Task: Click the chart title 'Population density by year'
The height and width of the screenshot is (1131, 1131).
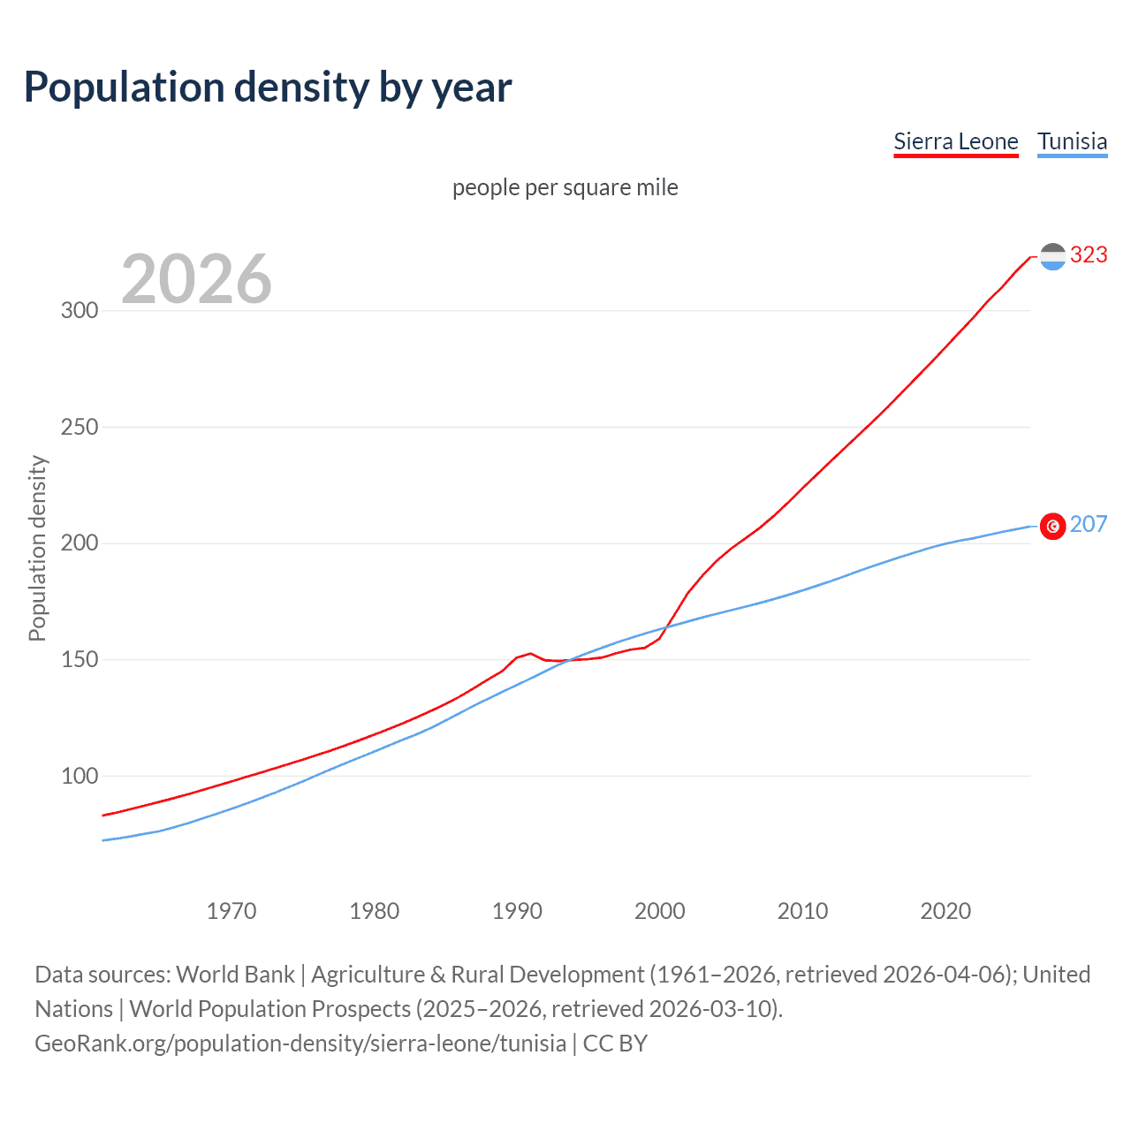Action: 268,87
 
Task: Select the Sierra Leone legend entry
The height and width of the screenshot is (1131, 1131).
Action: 955,142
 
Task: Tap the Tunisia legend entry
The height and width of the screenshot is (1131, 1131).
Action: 1072,142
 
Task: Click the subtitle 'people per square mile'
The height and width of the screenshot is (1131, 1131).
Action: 565,188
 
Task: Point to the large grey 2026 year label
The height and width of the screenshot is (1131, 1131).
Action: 196,279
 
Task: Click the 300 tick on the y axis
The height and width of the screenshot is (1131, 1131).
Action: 79,311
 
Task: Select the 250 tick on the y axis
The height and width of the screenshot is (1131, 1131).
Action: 79,428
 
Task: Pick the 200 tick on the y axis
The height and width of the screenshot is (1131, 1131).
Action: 79,543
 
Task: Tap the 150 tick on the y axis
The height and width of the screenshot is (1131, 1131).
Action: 79,660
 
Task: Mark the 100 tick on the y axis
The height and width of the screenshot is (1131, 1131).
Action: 79,777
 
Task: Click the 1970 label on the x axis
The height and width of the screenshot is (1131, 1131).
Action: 232,911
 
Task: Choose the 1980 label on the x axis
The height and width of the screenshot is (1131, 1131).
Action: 375,911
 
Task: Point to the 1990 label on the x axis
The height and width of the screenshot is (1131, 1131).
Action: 517,911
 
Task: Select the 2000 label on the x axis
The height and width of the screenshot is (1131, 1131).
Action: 660,911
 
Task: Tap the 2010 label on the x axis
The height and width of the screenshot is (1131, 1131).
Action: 802,911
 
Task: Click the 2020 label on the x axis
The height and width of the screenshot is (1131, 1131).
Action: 945,911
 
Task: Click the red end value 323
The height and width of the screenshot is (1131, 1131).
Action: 1089,255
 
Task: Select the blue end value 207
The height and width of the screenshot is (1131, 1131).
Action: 1089,525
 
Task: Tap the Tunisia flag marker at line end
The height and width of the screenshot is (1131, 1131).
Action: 1052,527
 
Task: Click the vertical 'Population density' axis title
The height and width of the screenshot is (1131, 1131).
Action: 37,548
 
